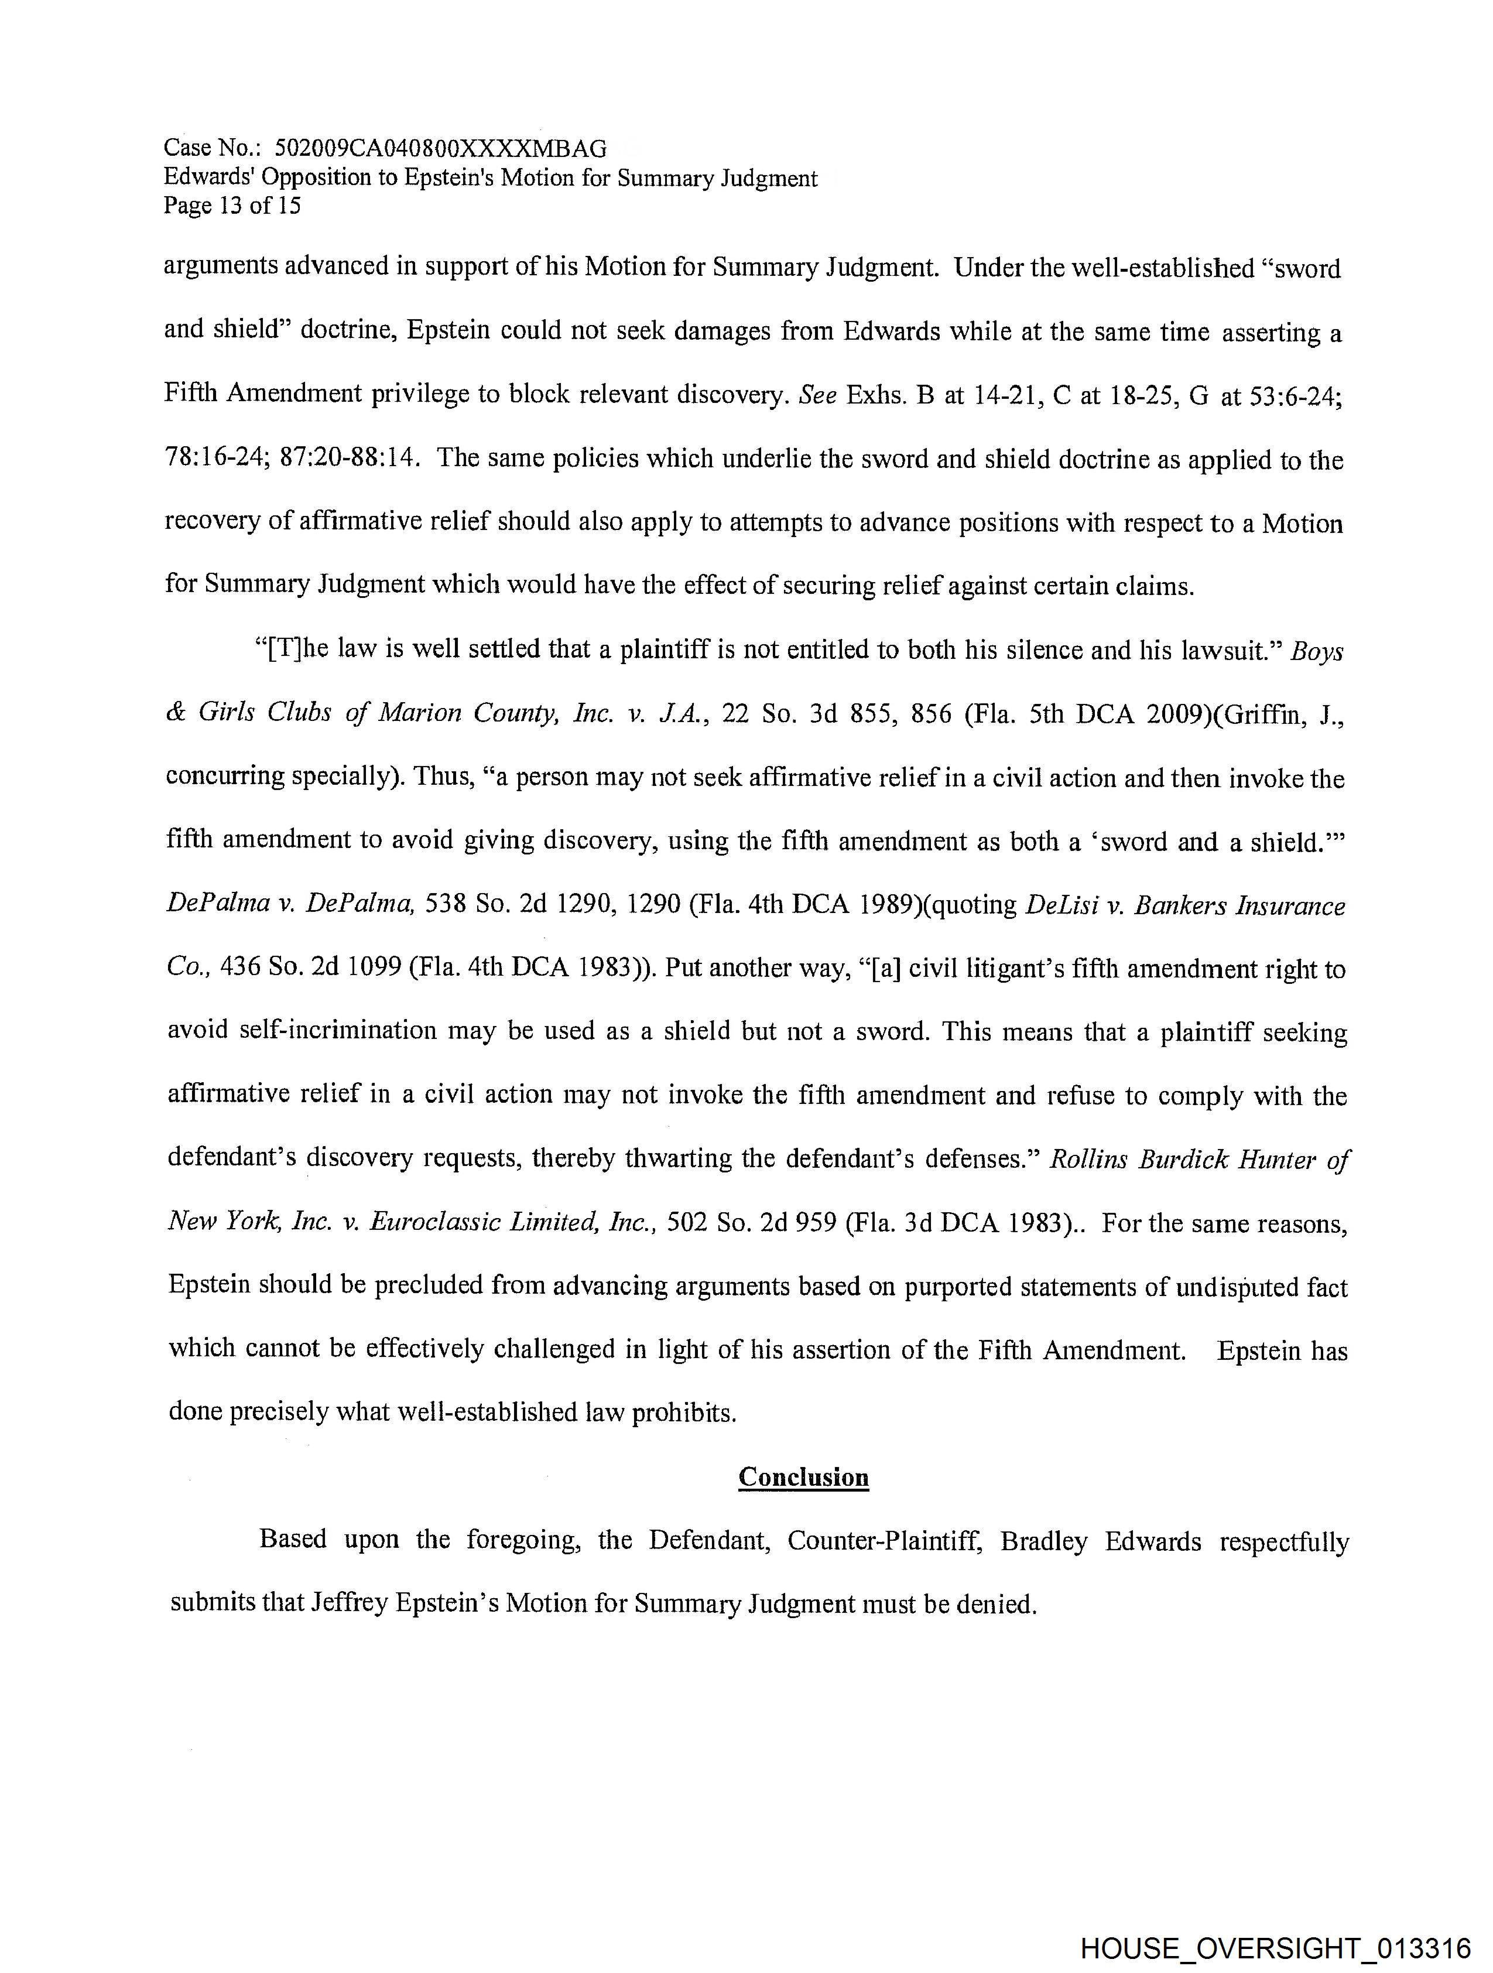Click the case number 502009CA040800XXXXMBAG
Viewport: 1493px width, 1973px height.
441,148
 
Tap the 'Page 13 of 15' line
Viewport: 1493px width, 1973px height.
232,206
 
